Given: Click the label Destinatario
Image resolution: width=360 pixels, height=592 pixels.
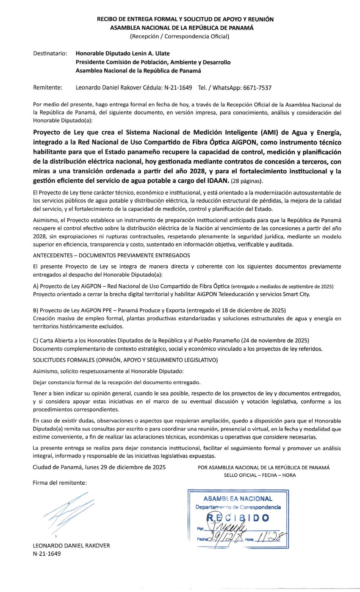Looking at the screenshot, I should point(50,54).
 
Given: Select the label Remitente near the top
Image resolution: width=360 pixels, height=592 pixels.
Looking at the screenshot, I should point(47,88).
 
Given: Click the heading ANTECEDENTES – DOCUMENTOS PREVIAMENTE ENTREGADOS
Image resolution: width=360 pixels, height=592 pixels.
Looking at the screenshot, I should point(111,255).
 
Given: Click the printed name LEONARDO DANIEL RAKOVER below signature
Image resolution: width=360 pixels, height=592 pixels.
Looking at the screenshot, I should point(71,546).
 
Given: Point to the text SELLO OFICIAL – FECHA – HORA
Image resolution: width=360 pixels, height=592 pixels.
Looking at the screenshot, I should point(260,475).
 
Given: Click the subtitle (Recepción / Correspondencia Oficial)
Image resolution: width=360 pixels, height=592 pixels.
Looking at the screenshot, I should point(180,36).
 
